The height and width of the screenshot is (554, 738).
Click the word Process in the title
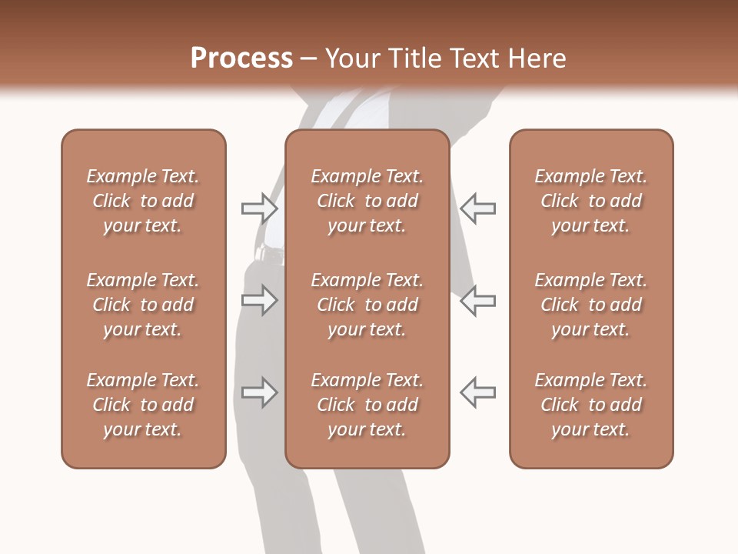click(241, 58)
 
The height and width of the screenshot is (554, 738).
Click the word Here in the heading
click(537, 58)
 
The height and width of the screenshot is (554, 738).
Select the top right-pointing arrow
click(260, 208)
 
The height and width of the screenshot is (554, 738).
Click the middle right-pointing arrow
click(260, 300)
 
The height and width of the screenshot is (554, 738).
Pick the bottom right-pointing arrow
click(260, 392)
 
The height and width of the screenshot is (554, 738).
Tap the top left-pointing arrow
click(477, 208)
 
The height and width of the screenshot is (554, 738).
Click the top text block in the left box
click(142, 201)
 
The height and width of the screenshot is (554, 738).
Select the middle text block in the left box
click(142, 305)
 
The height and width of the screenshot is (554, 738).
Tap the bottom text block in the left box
click(142, 405)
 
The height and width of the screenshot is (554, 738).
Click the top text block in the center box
click(367, 201)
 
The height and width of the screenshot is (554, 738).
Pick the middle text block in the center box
click(367, 305)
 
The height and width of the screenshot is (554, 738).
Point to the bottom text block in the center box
click(367, 405)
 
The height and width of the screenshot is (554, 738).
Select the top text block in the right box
click(590, 201)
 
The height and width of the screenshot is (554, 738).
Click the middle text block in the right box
click(590, 305)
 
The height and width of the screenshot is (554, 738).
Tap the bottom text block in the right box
click(590, 405)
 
